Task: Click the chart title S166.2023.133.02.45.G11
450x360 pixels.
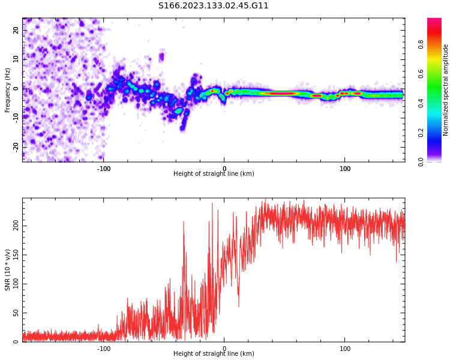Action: pos(214,5)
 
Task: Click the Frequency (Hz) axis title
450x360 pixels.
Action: pos(8,90)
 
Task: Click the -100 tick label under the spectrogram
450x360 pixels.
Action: pos(103,169)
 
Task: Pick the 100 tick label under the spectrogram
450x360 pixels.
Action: pos(345,169)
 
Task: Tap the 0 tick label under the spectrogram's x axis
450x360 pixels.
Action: pos(224,169)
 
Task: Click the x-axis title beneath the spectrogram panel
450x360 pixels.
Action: pos(214,174)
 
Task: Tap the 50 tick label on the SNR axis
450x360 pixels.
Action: pos(17,313)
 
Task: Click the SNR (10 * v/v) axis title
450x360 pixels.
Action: pos(8,270)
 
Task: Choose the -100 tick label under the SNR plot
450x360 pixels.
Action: pos(103,349)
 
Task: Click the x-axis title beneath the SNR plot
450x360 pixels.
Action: pos(214,354)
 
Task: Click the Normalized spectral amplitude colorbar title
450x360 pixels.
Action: pos(446,90)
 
